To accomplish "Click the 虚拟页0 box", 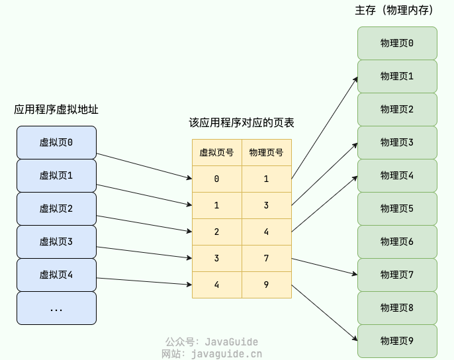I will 56,142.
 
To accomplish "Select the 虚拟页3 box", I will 56,242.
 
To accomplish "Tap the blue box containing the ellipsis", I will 56,308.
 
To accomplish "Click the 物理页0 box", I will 397,43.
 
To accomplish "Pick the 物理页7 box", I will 397,275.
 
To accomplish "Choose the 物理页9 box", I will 397,341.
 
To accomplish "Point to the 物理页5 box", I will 397,208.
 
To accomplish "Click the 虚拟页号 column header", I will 216,152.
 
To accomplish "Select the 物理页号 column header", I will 266,152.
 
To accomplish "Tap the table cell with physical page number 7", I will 266,258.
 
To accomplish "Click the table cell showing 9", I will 266,285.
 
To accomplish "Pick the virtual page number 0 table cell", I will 216,179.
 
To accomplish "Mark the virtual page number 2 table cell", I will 216,232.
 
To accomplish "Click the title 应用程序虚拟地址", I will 56,110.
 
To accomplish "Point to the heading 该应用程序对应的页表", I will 242,123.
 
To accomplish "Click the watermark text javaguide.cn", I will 226,354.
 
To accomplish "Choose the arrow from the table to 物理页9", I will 324,314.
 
